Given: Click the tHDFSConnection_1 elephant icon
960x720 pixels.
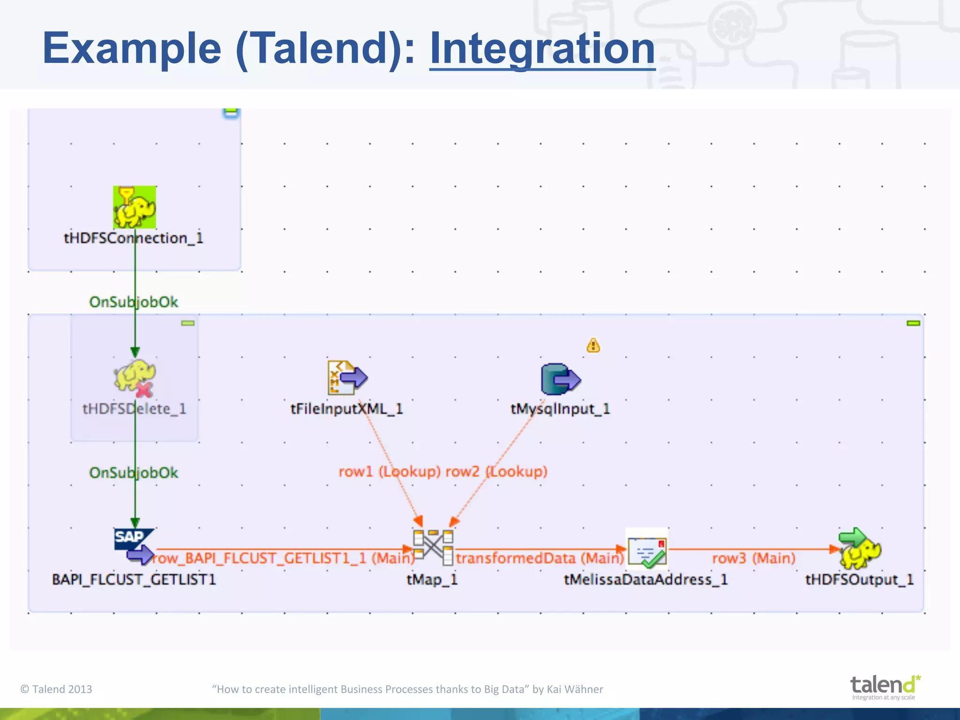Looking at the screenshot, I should click(135, 207).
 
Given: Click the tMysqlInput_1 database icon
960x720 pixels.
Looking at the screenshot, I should click(560, 379).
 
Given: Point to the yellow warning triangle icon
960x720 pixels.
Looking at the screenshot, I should click(593, 345).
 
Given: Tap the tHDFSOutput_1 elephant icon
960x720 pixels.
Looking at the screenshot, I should click(860, 548).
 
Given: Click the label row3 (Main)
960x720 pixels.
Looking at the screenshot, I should click(754, 558).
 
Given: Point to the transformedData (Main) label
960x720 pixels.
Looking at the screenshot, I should click(540, 558).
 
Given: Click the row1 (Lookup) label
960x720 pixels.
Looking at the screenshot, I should click(389, 471).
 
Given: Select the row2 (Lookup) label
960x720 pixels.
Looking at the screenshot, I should click(496, 471).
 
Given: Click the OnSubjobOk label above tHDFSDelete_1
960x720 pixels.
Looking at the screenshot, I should click(134, 302).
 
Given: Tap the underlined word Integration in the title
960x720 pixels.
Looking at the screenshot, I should click(542, 48).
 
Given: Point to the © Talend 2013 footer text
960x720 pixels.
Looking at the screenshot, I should click(56, 689).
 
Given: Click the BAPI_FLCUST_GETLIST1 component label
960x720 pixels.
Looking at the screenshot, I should click(134, 579).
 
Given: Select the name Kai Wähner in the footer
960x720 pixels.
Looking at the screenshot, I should click(575, 689).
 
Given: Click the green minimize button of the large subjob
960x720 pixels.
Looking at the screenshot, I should click(913, 323).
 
